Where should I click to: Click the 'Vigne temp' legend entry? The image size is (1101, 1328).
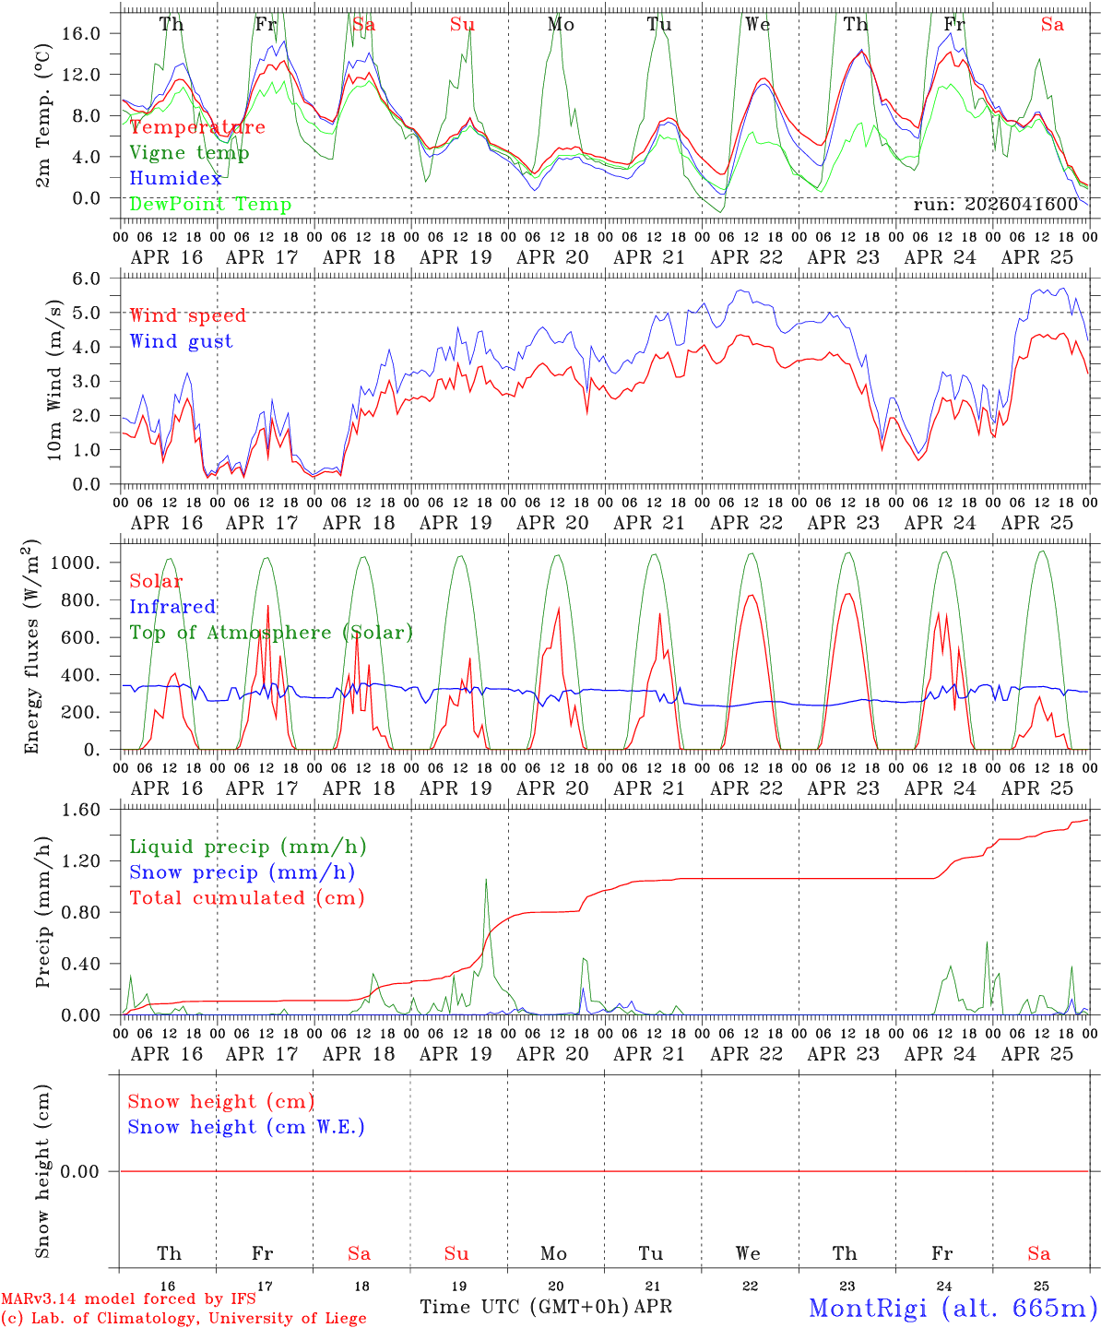(189, 153)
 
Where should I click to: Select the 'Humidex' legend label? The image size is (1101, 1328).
(175, 179)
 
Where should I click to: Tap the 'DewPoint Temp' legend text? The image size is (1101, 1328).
(210, 205)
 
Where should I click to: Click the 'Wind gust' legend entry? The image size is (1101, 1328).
(181, 341)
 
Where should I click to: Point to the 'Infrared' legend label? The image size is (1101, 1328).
(172, 607)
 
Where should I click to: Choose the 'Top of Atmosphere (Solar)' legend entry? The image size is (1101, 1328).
(271, 633)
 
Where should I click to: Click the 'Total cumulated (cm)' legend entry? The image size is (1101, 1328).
(247, 898)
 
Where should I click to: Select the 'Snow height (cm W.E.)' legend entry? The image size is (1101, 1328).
(246, 1127)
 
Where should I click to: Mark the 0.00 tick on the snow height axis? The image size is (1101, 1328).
(89, 1171)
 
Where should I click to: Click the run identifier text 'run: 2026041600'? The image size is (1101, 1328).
(995, 205)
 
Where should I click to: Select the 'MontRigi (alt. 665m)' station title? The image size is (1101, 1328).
(953, 1308)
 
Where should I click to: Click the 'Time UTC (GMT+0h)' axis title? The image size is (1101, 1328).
(524, 1307)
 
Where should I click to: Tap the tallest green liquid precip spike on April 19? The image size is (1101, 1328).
(486, 880)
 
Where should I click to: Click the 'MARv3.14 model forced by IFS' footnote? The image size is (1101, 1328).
(128, 1299)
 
